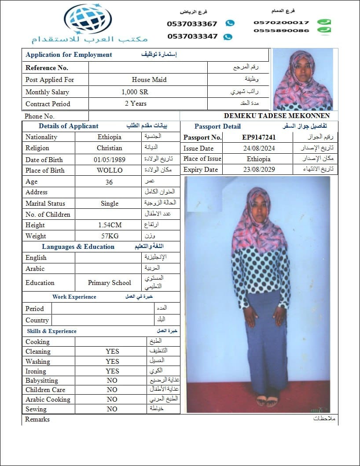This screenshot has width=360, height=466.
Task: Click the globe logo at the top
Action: [x=88, y=19]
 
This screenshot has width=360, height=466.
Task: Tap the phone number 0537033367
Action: [x=192, y=24]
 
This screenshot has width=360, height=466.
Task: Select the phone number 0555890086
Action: [x=281, y=30]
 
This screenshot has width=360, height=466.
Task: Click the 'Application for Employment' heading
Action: [x=69, y=55]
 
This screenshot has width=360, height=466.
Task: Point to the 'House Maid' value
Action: [x=149, y=80]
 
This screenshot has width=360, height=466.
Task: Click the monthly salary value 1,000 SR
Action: [x=135, y=92]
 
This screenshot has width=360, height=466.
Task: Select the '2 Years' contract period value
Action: [x=136, y=104]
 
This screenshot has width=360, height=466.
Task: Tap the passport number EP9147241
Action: [x=259, y=137]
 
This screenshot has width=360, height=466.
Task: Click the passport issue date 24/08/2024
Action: [x=258, y=148]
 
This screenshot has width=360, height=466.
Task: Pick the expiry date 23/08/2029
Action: [x=258, y=170]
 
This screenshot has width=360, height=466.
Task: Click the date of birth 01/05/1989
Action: [x=109, y=160]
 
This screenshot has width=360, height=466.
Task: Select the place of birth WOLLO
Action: [x=110, y=170]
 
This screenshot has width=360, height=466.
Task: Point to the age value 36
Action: [x=109, y=182]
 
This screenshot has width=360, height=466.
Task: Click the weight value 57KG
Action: [x=110, y=236]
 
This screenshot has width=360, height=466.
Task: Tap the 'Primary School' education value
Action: [x=110, y=283]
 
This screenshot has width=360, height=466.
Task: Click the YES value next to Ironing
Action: [x=112, y=371]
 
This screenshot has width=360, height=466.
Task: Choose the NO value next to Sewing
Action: [x=112, y=409]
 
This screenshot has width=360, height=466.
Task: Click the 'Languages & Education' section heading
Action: [x=78, y=247]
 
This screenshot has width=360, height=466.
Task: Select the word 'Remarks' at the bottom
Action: [x=37, y=419]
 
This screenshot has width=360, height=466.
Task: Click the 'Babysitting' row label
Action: [x=42, y=381]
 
